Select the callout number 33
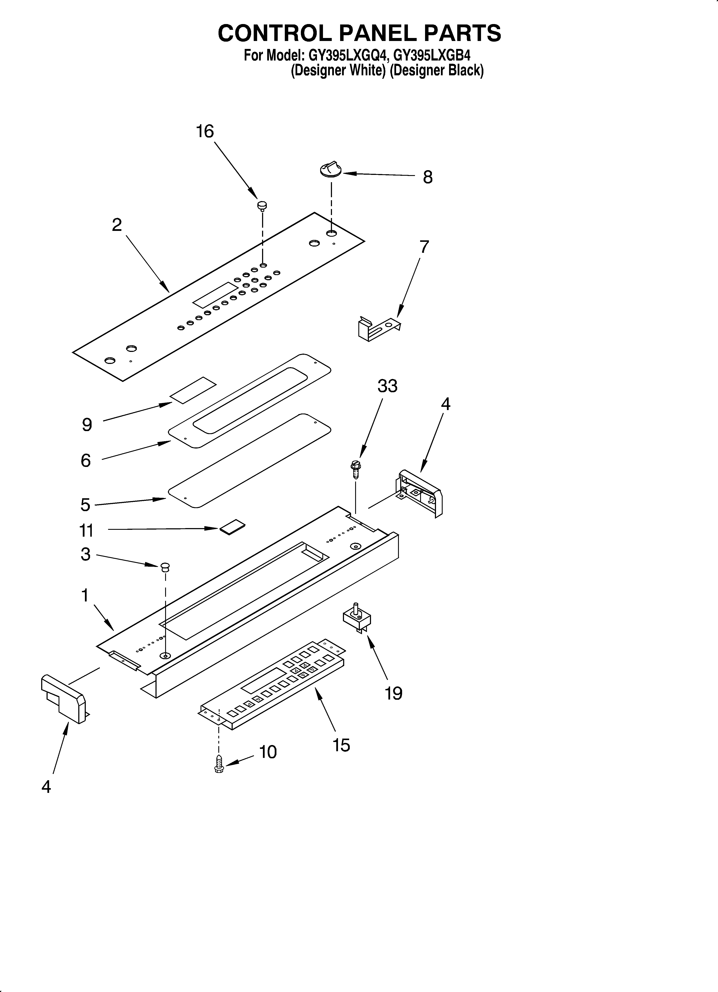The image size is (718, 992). [x=388, y=386]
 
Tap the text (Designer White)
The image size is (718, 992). [x=338, y=70]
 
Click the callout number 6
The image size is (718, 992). [x=86, y=460]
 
